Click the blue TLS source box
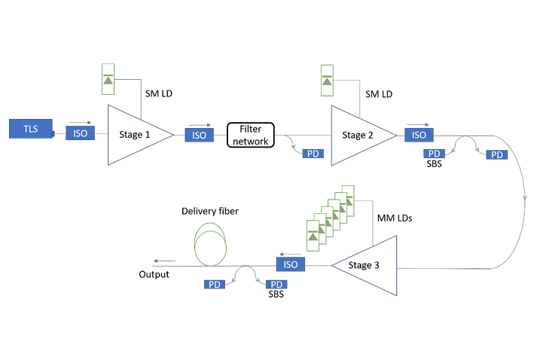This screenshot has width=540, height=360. [x=31, y=128]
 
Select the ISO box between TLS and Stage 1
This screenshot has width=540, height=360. [x=81, y=133]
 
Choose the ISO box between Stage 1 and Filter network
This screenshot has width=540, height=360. [x=199, y=135]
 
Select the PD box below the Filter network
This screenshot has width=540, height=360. [x=313, y=154]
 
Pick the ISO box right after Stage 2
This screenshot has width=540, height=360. [x=419, y=134]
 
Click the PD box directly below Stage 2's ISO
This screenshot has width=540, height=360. [x=435, y=154]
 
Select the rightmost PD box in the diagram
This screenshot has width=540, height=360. [x=496, y=154]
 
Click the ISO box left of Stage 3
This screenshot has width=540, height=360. [x=291, y=264]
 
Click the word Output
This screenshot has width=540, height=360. [x=154, y=275]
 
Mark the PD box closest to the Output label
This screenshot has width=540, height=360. [x=215, y=284]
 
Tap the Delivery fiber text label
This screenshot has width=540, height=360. [x=209, y=212]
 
